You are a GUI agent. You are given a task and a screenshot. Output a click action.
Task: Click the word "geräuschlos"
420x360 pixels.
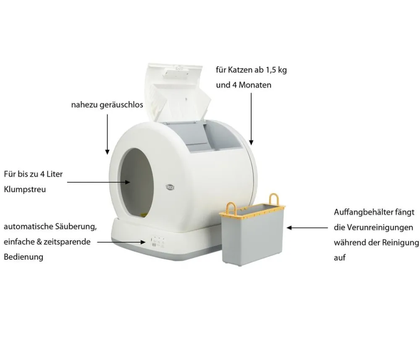(x=121, y=105)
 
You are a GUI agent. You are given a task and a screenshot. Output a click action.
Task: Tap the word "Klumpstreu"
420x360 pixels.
(x=25, y=190)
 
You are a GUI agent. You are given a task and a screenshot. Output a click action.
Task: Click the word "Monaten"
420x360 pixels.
(x=255, y=85)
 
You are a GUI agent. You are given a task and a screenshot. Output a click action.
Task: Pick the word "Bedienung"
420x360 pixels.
(x=23, y=257)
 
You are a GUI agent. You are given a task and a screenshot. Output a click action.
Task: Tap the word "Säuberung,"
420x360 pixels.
(x=76, y=227)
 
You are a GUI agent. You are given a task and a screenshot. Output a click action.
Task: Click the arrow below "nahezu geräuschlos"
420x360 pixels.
(x=107, y=134)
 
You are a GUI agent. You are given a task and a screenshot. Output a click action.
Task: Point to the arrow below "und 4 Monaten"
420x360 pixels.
(x=251, y=119)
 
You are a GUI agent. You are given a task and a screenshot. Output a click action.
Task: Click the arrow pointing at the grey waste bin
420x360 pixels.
(x=307, y=228)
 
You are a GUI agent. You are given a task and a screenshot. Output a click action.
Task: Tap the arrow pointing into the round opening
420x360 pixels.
(x=99, y=182)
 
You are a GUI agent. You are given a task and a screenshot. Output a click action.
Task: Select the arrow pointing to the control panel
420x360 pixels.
(x=121, y=242)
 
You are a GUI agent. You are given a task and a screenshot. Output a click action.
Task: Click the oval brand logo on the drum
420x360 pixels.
(x=170, y=187)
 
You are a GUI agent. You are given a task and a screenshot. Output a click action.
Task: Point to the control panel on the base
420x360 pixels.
(x=157, y=241)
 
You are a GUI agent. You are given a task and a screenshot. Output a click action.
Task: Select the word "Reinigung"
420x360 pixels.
(x=400, y=243)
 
